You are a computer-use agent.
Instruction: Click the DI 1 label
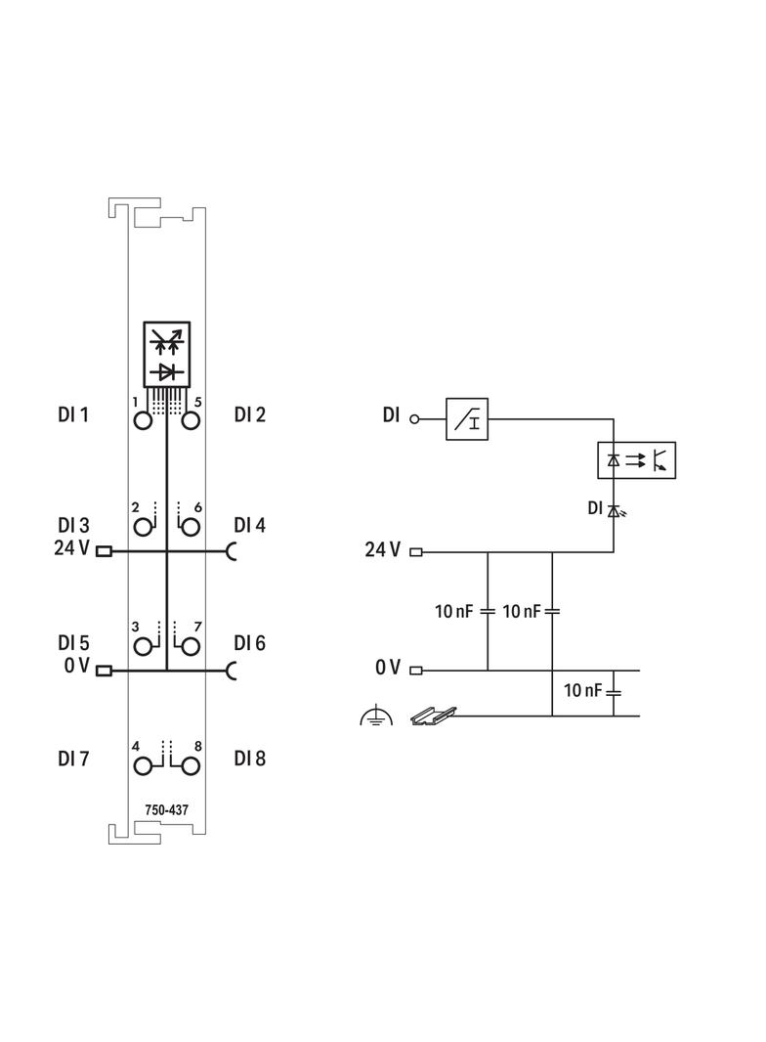pyautogui.click(x=73, y=415)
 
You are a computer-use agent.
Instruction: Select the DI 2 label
pyautogui.click(x=250, y=415)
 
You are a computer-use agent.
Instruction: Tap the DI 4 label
pyautogui.click(x=250, y=526)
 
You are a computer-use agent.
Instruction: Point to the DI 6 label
pyautogui.click(x=250, y=643)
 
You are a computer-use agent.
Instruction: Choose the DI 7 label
pyautogui.click(x=73, y=759)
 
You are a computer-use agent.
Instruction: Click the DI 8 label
pyautogui.click(x=250, y=759)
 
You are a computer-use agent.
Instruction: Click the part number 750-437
pyautogui.click(x=167, y=809)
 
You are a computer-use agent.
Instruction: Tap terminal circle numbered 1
pyautogui.click(x=144, y=421)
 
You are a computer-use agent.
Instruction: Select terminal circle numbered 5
pyautogui.click(x=191, y=421)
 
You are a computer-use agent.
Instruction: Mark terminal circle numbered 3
pyautogui.click(x=144, y=646)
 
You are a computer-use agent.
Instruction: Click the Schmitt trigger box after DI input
pyautogui.click(x=467, y=418)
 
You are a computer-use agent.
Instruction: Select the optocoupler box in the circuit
pyautogui.click(x=635, y=459)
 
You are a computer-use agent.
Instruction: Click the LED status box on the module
pyautogui.click(x=167, y=354)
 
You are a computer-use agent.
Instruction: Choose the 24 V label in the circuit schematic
pyautogui.click(x=383, y=550)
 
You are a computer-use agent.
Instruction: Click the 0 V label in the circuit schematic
pyautogui.click(x=388, y=669)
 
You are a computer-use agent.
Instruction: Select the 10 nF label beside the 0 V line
pyautogui.click(x=583, y=691)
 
